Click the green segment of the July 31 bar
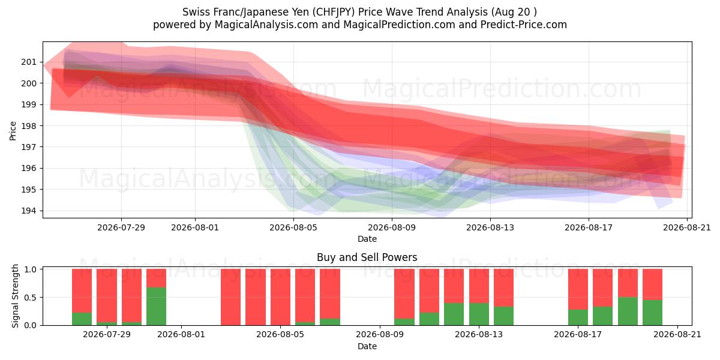pyautogui.click(x=156, y=307)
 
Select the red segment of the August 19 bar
pyautogui.click(x=628, y=283)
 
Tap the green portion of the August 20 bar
pyautogui.click(x=653, y=313)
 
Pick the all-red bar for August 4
pyautogui.click(x=256, y=297)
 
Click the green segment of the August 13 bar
pyautogui.click(x=479, y=314)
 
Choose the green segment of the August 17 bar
pyautogui.click(x=578, y=317)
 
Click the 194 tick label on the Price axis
pyautogui.click(x=29, y=211)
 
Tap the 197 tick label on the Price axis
pyautogui.click(x=29, y=147)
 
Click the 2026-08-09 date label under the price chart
pyautogui.click(x=392, y=227)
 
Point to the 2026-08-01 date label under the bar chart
pyautogui.click(x=181, y=335)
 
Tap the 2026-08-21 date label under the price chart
pyautogui.click(x=687, y=227)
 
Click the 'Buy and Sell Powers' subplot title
pyautogui.click(x=367, y=257)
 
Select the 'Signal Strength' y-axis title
pyautogui.click(x=15, y=296)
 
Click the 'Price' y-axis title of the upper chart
pyautogui.click(x=13, y=131)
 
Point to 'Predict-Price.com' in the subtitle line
pyautogui.click(x=524, y=25)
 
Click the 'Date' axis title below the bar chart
pyautogui.click(x=367, y=346)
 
